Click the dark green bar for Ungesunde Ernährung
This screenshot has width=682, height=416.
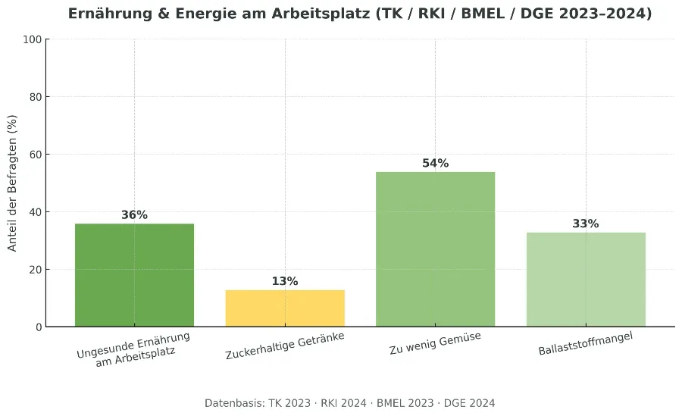click(x=134, y=275)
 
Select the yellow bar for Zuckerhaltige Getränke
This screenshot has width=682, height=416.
click(x=285, y=308)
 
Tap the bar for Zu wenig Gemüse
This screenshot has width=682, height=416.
click(x=435, y=249)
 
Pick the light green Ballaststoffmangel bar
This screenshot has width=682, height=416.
click(x=586, y=280)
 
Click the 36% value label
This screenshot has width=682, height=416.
click(x=134, y=215)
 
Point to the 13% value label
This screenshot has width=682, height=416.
click(x=285, y=282)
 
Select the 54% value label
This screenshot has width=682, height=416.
click(x=435, y=164)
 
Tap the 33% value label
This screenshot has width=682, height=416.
click(x=586, y=224)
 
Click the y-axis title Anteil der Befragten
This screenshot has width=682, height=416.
click(x=12, y=183)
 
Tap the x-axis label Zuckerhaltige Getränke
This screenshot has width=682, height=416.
click(x=285, y=346)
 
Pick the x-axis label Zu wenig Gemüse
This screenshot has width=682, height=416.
click(x=435, y=343)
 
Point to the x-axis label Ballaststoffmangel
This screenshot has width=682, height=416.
click(x=585, y=344)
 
